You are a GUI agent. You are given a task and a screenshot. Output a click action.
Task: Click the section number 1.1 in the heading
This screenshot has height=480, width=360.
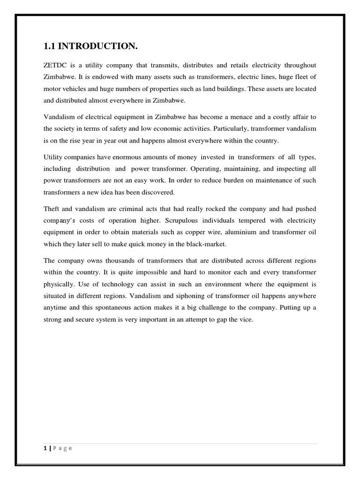pyautogui.click(x=50, y=46)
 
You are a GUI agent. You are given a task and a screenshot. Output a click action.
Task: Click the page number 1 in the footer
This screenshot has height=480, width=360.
pyautogui.click(x=45, y=448)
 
